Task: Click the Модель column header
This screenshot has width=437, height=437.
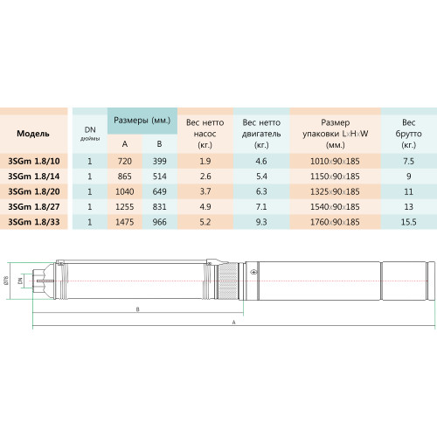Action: pos(33,134)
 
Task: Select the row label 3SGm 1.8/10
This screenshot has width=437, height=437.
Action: pos(34,161)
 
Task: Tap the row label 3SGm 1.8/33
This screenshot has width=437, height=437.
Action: pos(34,222)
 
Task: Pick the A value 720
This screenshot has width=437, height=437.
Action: pos(125,161)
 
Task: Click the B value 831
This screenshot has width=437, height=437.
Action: pos(160,207)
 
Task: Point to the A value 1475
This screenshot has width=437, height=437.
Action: pos(125,222)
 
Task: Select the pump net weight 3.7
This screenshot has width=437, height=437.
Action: pos(205,191)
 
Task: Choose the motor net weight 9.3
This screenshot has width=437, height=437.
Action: pos(261,222)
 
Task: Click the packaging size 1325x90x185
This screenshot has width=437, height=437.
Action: pos(335,191)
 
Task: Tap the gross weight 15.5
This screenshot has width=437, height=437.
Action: pos(408,222)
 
